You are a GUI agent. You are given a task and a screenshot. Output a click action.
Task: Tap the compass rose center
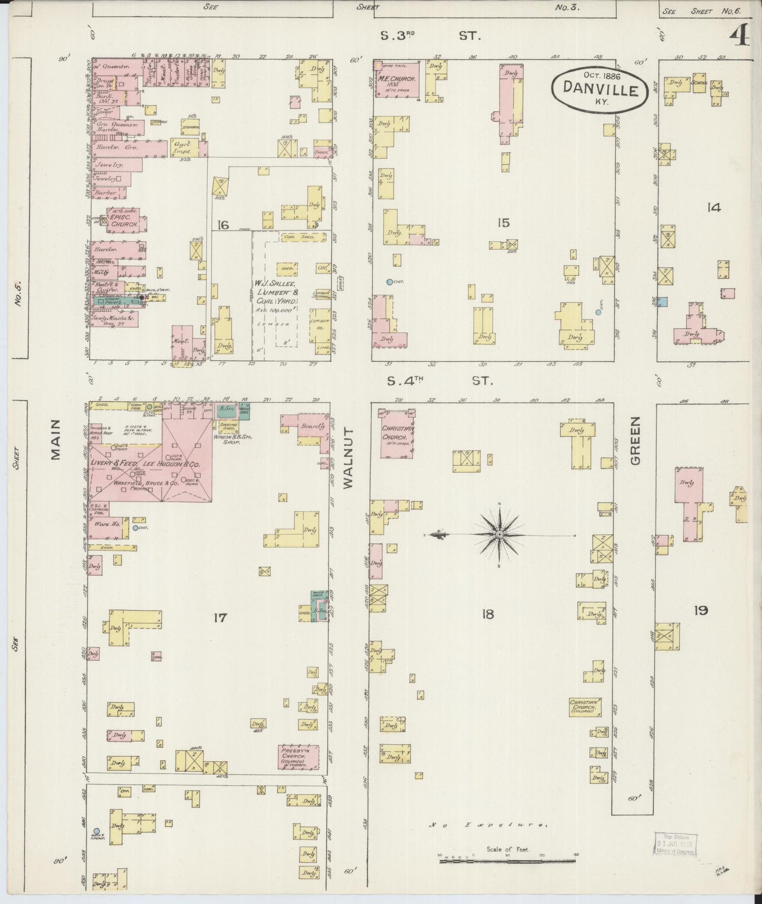coord(499,535)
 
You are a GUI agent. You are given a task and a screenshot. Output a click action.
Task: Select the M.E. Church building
coord(398,80)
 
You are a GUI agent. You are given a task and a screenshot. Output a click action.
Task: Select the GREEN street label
coord(635,440)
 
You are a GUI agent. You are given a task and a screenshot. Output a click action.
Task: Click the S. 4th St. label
coord(440,380)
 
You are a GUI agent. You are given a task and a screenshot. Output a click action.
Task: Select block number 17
coord(220,617)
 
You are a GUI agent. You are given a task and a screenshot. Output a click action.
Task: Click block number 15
coord(503,223)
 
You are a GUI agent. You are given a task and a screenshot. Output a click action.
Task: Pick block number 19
coord(700,611)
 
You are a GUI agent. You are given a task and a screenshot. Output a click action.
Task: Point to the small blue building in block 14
coord(663,302)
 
